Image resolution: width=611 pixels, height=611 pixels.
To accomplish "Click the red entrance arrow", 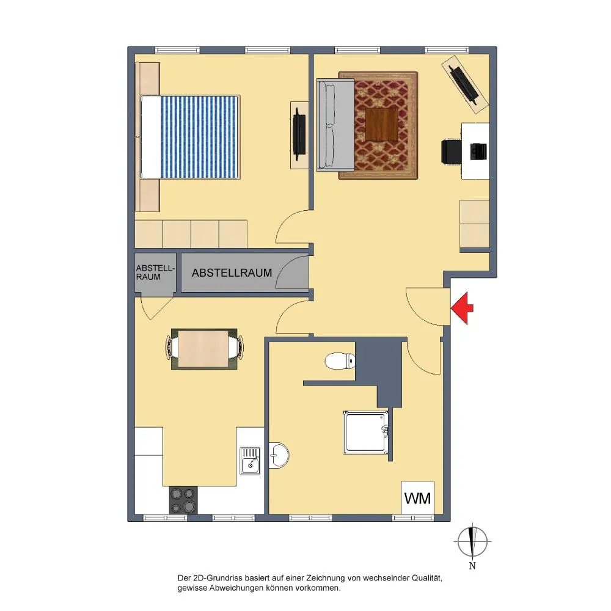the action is [x=462, y=309].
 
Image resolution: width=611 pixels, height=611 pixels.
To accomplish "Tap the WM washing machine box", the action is [x=418, y=497].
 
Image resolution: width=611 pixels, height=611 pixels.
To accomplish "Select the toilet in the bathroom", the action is [x=340, y=361].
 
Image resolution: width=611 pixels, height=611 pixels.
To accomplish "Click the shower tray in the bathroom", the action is [x=365, y=432].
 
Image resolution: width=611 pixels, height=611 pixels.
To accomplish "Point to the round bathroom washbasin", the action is [x=279, y=455].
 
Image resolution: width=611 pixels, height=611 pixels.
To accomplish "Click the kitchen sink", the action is [x=250, y=461].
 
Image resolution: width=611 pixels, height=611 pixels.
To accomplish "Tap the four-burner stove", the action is [x=183, y=500].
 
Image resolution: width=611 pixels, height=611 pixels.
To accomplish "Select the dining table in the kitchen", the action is [x=203, y=349].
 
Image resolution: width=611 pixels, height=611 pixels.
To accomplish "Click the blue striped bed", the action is [x=190, y=137].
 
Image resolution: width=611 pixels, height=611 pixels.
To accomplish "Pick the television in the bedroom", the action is [x=299, y=134].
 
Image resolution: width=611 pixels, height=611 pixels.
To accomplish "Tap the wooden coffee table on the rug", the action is [x=382, y=124].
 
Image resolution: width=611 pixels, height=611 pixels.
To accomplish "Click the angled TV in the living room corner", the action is [x=464, y=84].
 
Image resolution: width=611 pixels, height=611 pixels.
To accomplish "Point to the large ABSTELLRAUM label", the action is [x=232, y=273].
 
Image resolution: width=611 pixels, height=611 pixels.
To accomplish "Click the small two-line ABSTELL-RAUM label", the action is [x=155, y=273].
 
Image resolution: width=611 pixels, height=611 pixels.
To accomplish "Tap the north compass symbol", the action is [x=472, y=542].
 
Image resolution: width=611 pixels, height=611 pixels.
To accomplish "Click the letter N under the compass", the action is [x=472, y=566].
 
